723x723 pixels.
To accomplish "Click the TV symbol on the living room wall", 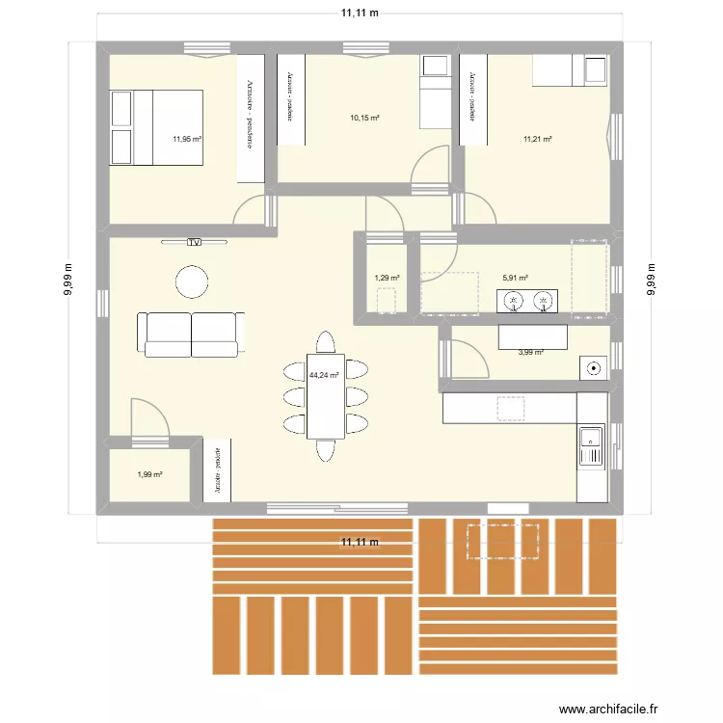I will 194,242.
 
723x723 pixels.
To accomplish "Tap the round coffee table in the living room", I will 191,281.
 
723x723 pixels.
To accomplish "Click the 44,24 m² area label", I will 323,376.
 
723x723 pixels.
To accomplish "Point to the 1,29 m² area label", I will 386,279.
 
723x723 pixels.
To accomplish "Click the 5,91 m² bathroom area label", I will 515,279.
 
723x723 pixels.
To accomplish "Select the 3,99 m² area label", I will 530,352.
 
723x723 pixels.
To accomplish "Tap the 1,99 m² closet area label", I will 148,474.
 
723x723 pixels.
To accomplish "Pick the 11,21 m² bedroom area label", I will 537,139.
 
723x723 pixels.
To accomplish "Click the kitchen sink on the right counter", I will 590,446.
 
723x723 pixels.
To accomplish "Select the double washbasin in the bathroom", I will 528,302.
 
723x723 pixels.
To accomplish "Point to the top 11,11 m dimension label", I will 359,13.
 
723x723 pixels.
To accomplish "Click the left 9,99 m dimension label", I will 69,281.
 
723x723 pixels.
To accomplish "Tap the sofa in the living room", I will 190,334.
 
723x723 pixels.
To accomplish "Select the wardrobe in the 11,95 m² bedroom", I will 250,118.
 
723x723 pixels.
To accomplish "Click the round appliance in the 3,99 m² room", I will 592,367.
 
